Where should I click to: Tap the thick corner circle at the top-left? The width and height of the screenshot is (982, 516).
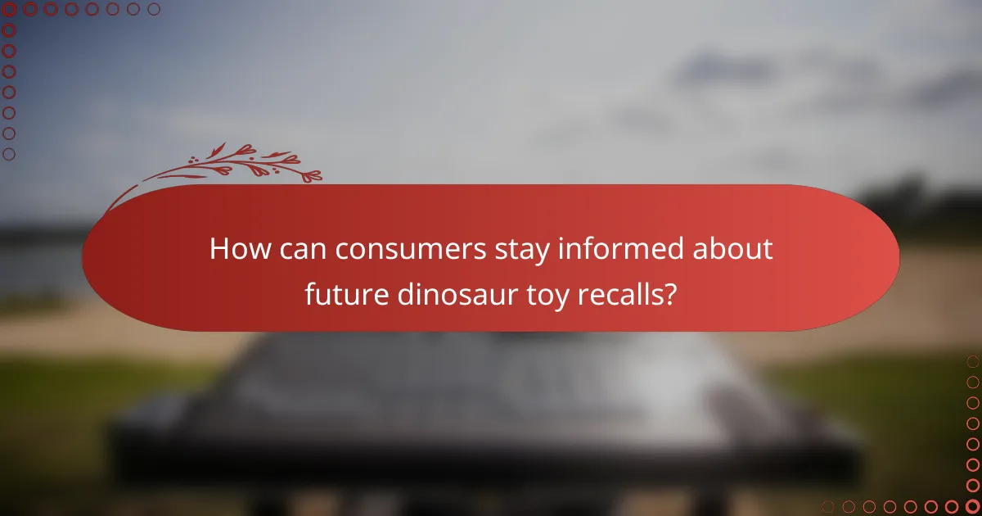(x=9, y=9)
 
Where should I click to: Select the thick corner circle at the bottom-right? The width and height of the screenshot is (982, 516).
(x=973, y=507)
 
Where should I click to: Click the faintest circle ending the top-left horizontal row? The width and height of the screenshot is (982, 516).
(x=154, y=9)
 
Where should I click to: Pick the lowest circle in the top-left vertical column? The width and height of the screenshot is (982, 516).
(x=9, y=154)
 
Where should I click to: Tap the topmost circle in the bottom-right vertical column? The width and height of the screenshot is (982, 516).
(x=973, y=361)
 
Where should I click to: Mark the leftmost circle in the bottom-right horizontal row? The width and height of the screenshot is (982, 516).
(x=828, y=507)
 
